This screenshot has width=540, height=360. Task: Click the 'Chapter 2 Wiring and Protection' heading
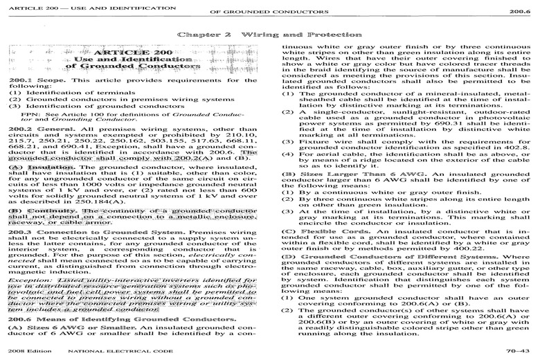click(x=269, y=33)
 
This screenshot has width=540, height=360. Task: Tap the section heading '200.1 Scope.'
click(x=28, y=81)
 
